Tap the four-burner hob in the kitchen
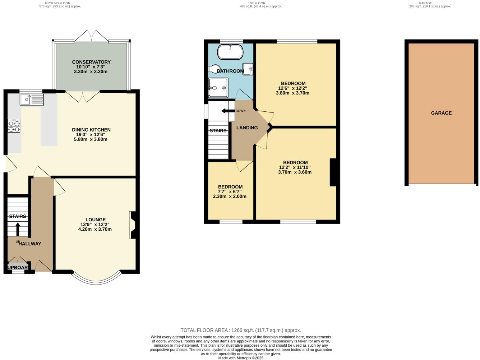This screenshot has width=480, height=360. point(14,126)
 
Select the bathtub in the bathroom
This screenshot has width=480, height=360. point(230,52)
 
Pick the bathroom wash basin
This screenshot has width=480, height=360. point(248,68)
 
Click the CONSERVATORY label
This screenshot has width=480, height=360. point(91,62)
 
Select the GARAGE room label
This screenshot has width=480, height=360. point(441,113)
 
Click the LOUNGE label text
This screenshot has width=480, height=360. point(96,220)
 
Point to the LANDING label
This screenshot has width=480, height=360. point(247,128)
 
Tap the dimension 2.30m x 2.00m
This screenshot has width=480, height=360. point(230,197)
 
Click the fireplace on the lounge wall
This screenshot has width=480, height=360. point(133,225)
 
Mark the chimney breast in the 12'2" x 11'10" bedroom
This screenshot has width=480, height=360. point(333,172)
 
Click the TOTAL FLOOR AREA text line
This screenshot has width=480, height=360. point(240,330)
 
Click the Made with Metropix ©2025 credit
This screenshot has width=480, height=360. point(241,358)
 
